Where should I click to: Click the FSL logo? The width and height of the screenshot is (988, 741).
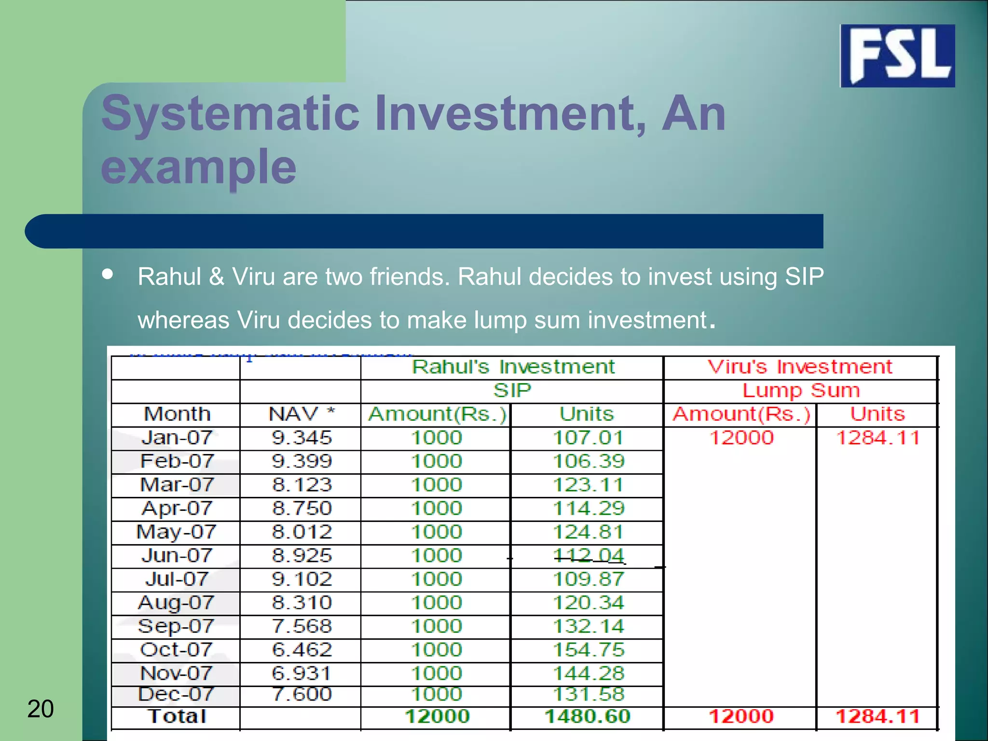point(897,55)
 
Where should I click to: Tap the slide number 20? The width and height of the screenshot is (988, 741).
point(41,709)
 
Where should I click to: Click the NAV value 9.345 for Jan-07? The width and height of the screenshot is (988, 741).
point(302,438)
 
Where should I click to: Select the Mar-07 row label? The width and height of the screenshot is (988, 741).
point(177,485)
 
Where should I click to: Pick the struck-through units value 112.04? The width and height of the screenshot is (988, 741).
point(589,556)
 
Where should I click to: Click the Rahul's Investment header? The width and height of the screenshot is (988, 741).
point(513,367)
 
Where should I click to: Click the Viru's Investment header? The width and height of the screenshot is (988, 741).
point(800,367)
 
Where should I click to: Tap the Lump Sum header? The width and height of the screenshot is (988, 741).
point(801,390)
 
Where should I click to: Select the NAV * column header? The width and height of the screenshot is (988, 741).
point(302,414)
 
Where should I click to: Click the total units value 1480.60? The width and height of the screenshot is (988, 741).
point(587,716)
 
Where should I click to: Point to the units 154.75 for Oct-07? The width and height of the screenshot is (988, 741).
point(589,650)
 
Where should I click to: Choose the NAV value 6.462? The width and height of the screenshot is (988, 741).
point(302,650)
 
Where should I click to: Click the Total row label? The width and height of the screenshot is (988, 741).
point(177,716)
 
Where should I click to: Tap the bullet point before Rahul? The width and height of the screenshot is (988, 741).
point(108,274)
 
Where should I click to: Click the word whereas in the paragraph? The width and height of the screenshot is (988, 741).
point(183,320)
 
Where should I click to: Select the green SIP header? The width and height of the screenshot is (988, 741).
point(512,390)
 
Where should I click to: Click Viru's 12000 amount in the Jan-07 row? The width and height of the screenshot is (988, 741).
point(741,438)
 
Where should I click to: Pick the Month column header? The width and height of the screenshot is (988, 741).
point(177,414)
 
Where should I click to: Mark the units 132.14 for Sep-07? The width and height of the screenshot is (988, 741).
point(589,626)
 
